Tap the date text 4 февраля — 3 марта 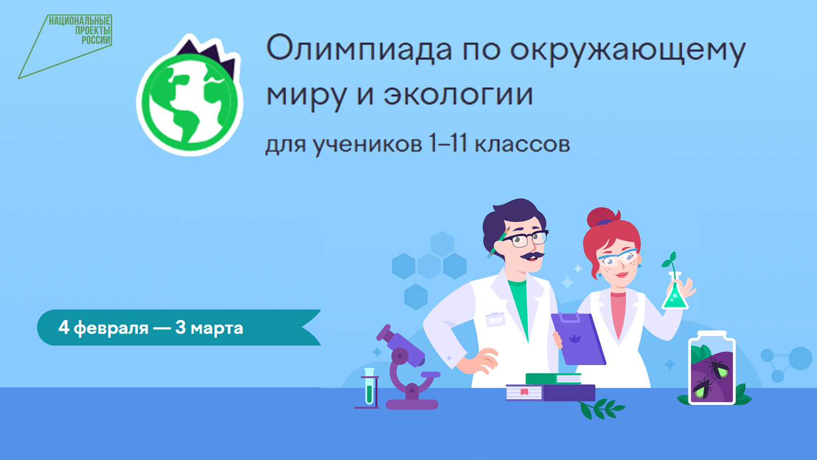click(151, 328)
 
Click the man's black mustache click(532, 255)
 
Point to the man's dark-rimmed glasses click(526, 238)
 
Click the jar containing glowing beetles click(712, 368)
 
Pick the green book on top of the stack click(554, 379)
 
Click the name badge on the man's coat click(495, 319)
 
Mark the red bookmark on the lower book click(524, 392)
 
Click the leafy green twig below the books click(602, 408)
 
